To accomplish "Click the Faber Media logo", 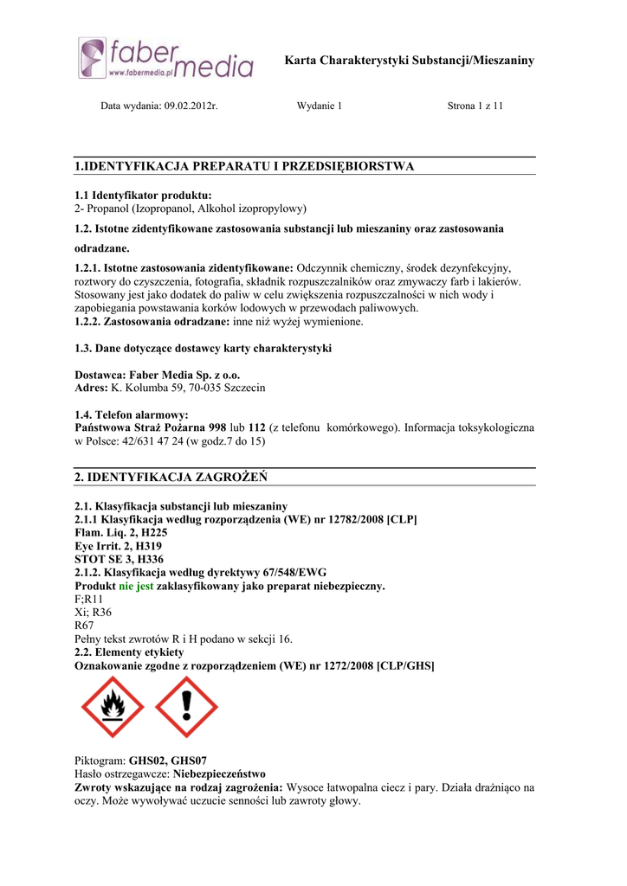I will point(165,59).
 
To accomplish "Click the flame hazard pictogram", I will point(113,707).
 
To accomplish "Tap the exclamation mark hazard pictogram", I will point(186,707).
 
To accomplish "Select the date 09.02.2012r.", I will point(184,106).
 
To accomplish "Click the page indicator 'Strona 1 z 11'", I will point(475,106).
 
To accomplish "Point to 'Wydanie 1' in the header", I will point(320,106).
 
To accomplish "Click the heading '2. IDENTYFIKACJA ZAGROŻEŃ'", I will point(171,477).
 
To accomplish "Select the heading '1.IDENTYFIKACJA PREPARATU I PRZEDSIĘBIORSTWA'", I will point(244,166).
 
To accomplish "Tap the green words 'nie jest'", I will point(136,586).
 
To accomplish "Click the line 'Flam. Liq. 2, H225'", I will point(121,533).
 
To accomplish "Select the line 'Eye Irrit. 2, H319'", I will point(119,546).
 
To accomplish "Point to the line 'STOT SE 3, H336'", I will point(120,560).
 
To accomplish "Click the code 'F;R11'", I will point(89,599).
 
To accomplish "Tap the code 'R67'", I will point(85,625).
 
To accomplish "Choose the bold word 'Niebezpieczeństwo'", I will point(220,774).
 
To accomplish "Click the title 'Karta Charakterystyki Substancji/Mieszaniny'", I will point(410,61).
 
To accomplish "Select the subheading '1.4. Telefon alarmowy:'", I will point(132,415).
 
